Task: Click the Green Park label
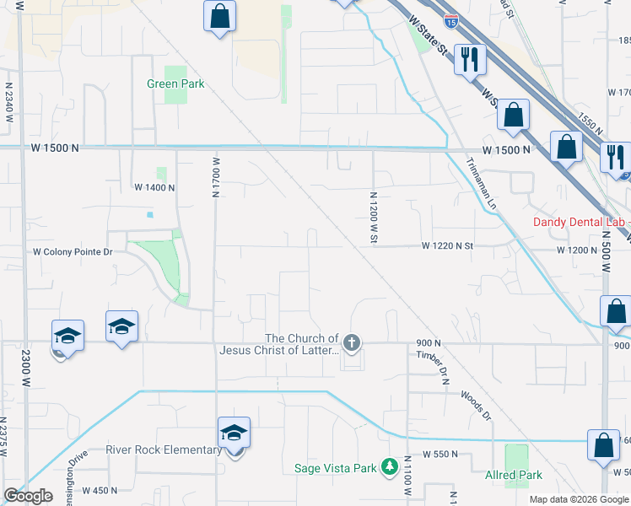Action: [x=175, y=83]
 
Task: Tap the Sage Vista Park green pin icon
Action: [x=389, y=466]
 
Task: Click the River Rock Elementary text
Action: [x=164, y=449]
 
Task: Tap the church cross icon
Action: [x=353, y=342]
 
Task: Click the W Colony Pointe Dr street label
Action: [x=73, y=251]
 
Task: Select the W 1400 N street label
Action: [x=154, y=187]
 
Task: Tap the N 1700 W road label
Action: [x=216, y=176]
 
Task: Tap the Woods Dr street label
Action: [x=476, y=405]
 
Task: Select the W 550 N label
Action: [x=440, y=454]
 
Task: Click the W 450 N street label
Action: [x=100, y=490]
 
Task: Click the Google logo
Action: [x=28, y=496]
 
